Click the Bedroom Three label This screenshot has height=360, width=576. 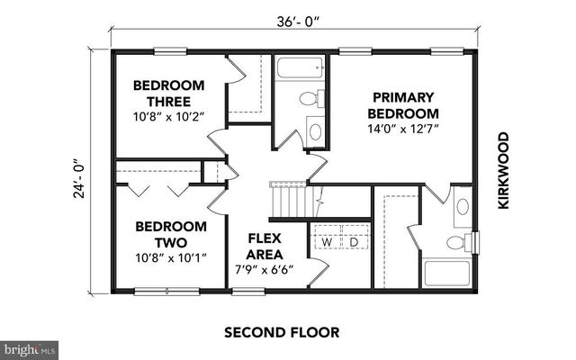tap(169, 93)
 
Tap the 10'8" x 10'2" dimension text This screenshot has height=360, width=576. tap(169, 116)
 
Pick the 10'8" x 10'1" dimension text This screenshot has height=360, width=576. tap(171, 257)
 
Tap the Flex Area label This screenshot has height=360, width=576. tap(265, 247)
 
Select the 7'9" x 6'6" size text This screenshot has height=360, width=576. tap(265, 269)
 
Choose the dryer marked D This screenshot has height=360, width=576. tap(354, 242)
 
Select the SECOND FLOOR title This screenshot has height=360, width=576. tap(282, 332)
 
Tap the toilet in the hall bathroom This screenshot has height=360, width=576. tap(309, 100)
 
